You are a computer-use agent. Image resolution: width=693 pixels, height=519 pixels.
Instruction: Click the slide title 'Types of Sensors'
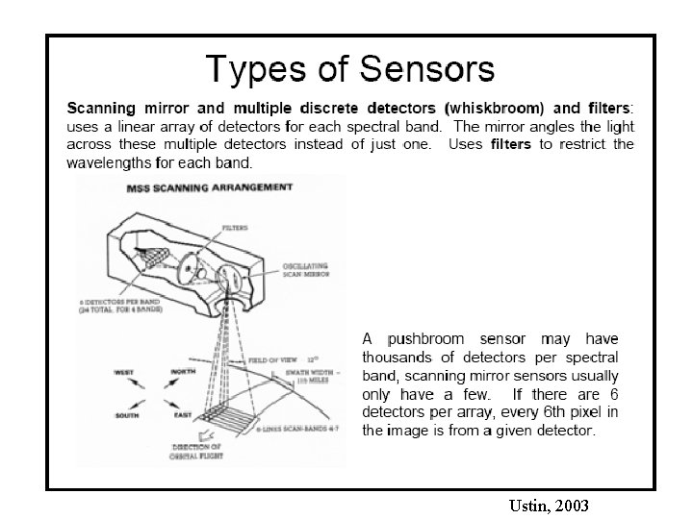pyautogui.click(x=350, y=68)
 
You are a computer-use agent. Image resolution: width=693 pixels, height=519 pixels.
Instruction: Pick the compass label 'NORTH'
pyautogui.click(x=182, y=371)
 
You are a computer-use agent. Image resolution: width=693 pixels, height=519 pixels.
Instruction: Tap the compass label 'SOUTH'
pyautogui.click(x=128, y=415)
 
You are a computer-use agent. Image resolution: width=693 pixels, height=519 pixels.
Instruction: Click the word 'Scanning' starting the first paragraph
pyautogui.click(x=101, y=108)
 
